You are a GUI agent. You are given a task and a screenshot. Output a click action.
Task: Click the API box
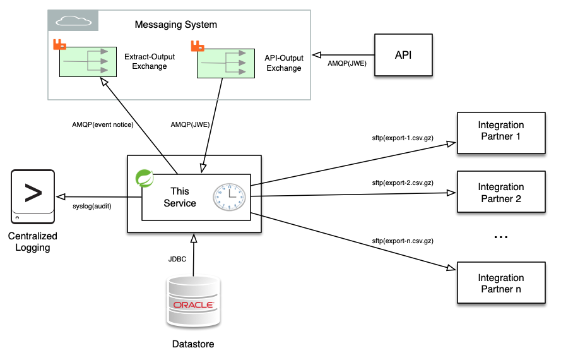click(403, 55)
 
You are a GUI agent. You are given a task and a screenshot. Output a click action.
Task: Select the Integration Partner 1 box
click(501, 132)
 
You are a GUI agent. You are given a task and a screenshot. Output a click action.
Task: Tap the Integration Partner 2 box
click(501, 193)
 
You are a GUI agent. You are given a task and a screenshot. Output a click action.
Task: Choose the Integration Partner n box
click(501, 284)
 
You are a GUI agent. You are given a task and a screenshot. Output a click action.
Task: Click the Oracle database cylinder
click(194, 303)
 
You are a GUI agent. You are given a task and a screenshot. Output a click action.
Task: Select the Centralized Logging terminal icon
click(32, 196)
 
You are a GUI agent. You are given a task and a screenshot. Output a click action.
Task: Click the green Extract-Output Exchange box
click(88, 62)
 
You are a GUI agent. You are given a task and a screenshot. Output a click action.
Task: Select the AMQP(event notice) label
click(103, 124)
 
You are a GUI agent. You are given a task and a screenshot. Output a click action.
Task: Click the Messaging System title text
click(176, 25)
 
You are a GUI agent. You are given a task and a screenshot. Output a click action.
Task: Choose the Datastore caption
click(193, 344)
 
